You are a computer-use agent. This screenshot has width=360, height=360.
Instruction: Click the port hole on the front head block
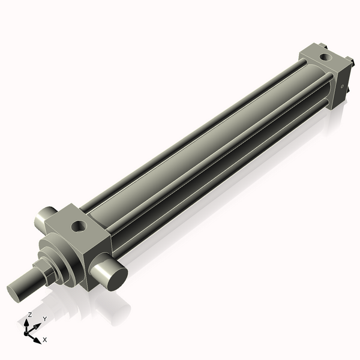(x=79, y=227)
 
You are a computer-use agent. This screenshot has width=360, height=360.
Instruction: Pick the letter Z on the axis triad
(x=29, y=315)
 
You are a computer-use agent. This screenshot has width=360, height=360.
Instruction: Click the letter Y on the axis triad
(x=44, y=319)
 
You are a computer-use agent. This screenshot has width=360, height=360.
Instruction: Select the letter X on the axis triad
(x=45, y=340)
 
